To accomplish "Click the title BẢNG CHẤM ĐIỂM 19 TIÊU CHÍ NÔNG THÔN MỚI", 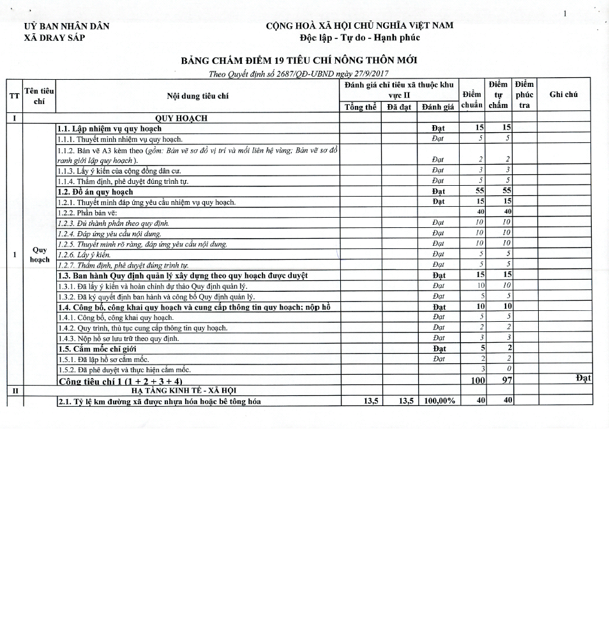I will (x=299, y=61).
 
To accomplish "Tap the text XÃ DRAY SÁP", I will (x=54, y=37).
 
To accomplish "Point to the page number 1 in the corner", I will (x=564, y=13).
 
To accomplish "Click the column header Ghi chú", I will (x=563, y=94).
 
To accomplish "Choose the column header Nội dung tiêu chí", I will (x=197, y=96).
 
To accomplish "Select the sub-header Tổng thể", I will (x=360, y=107).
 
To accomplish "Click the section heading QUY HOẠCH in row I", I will (x=181, y=118).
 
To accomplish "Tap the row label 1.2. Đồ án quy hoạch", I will (x=95, y=192).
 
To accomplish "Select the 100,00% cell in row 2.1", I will (x=438, y=401).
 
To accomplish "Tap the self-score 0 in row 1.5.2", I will (x=505, y=369).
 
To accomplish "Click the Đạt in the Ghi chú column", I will (x=583, y=378).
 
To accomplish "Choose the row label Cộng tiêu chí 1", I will (x=120, y=381).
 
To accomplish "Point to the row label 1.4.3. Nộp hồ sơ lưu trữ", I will (x=119, y=338).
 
